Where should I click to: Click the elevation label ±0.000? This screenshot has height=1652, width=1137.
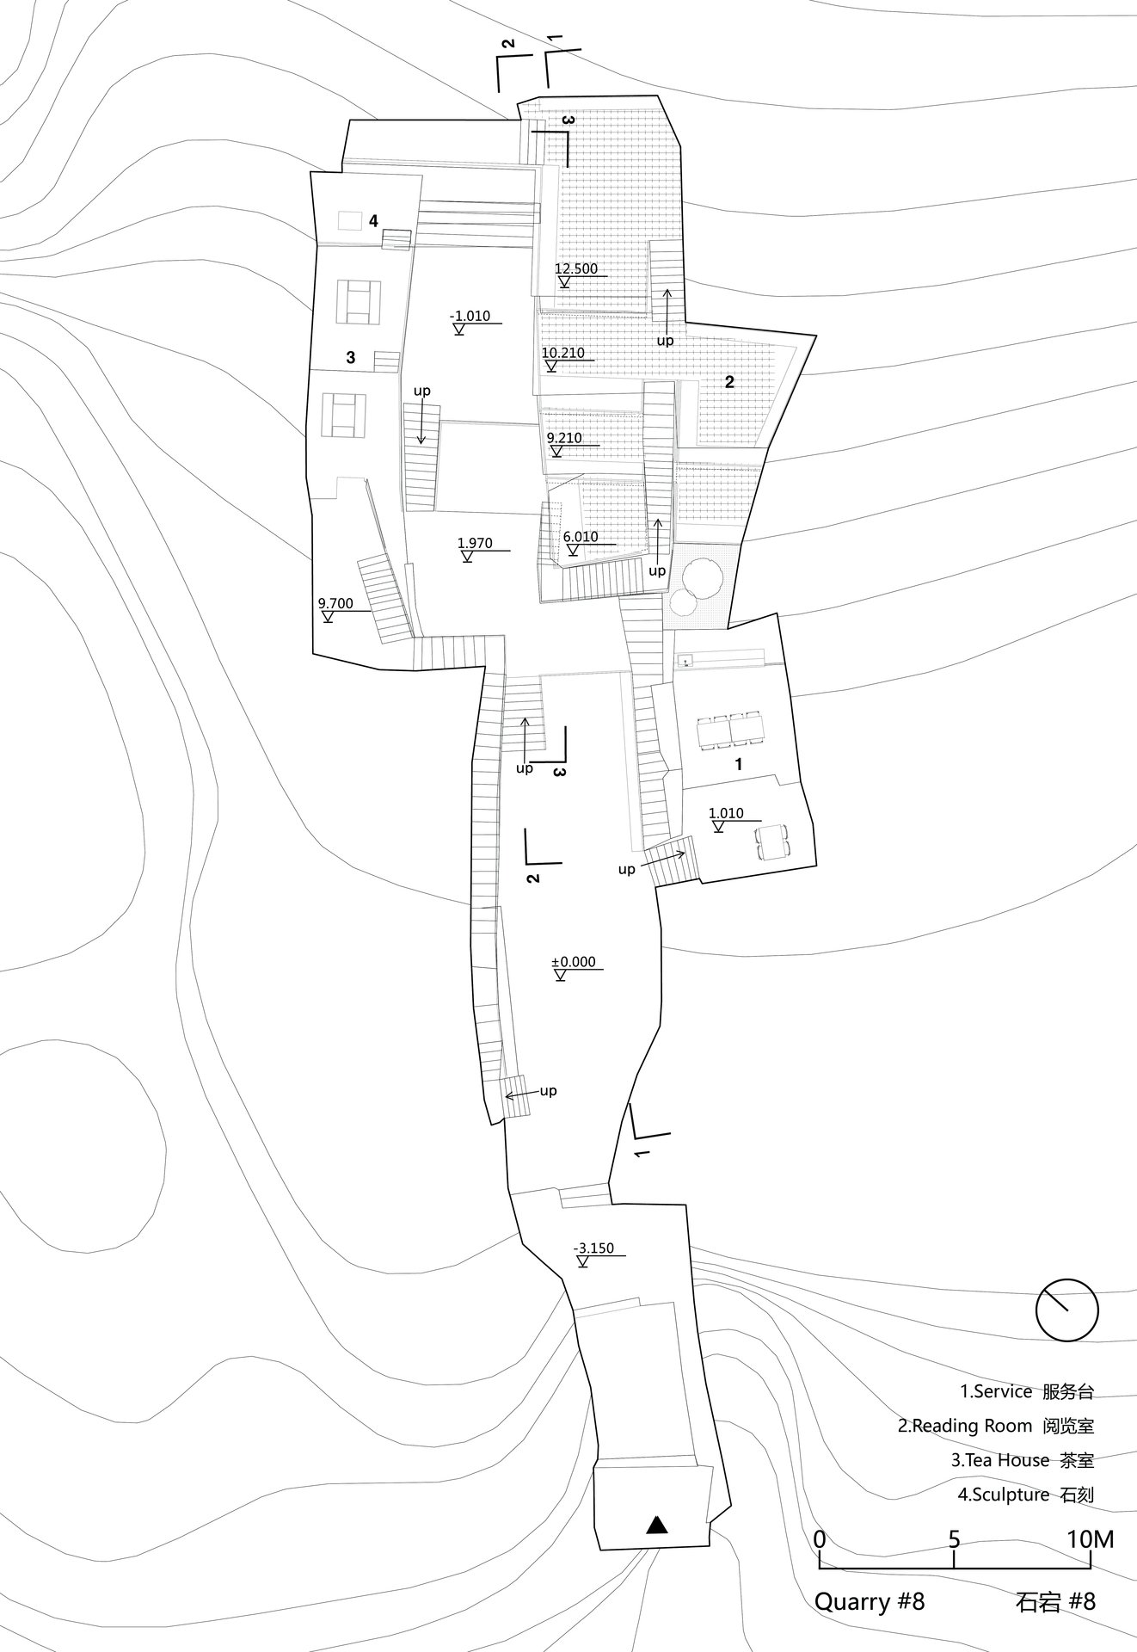coord(574,962)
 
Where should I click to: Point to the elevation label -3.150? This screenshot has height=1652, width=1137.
coord(593,1248)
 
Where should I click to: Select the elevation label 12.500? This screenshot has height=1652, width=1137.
coord(576,268)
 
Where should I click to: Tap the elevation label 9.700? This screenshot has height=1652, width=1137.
coord(335,603)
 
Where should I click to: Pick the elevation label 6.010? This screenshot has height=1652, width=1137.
coord(581,536)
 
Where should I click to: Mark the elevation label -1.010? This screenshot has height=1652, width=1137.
coord(470,316)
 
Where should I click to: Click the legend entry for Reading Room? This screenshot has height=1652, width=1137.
coord(996,1426)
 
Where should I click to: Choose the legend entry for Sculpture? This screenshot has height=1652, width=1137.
coord(1026,1495)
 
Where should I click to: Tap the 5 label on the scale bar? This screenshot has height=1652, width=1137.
coord(954,1539)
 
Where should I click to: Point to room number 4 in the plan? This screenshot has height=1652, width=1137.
coord(373,221)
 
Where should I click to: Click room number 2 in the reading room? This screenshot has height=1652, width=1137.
coord(729,382)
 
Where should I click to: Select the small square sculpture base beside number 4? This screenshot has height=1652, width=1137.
coord(349,221)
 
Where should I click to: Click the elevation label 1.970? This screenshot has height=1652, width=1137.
coord(475,543)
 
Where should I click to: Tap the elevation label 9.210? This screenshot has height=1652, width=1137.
coord(564,438)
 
